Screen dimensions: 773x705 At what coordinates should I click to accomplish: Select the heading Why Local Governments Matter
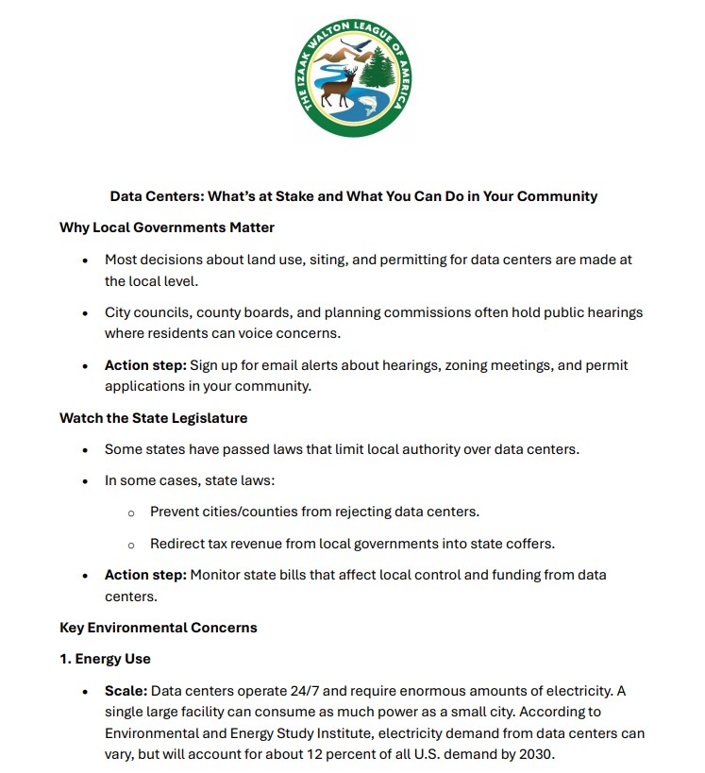167,227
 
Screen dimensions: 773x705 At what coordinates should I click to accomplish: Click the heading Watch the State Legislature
154,418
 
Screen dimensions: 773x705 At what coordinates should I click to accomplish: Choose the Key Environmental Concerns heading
159,627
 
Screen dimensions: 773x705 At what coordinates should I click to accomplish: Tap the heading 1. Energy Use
106,659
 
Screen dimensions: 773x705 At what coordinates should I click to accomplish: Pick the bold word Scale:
126,691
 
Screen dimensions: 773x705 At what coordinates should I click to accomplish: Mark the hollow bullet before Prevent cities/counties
131,513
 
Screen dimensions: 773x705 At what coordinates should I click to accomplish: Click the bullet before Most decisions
85,260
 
